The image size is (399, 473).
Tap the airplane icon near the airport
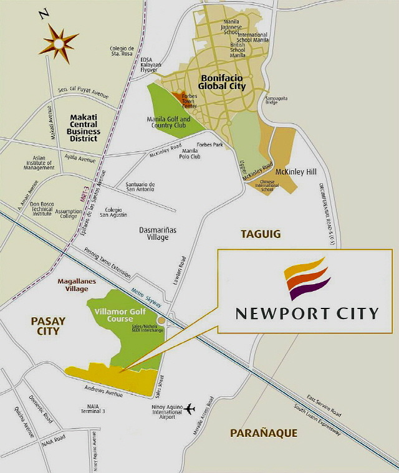[x=190, y=409]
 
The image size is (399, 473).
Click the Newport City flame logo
[x=306, y=279]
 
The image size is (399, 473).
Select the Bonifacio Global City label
[x=221, y=82]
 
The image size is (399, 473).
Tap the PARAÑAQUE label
[x=263, y=432]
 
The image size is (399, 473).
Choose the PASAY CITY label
[x=48, y=325]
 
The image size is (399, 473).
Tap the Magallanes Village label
[x=75, y=285]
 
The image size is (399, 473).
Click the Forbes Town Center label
[x=190, y=101]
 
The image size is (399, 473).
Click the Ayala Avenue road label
[x=79, y=160]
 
